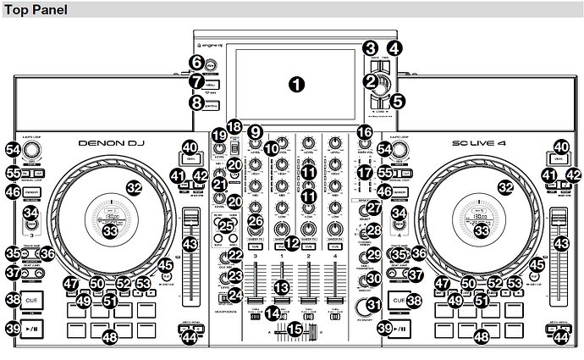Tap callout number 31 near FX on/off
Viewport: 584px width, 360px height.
point(374,304)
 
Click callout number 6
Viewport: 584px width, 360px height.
point(196,62)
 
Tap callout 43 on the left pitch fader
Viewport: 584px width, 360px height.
point(190,243)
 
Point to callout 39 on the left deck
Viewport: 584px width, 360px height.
point(12,328)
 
